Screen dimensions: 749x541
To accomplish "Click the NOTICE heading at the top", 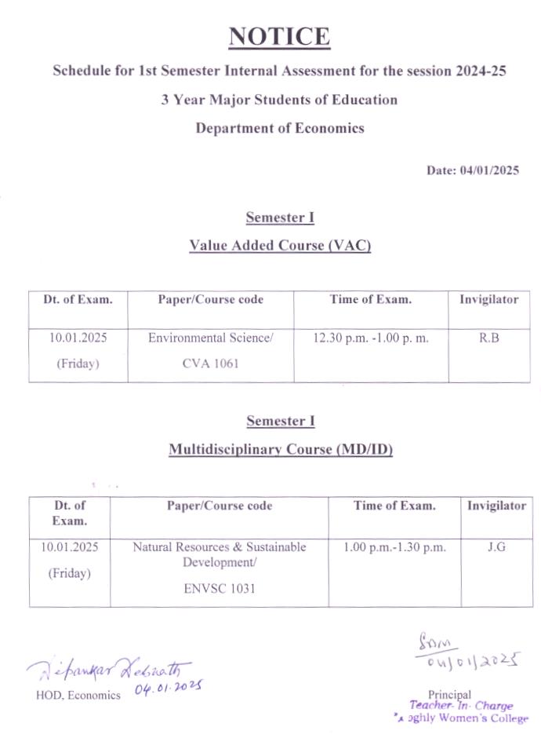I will click(x=280, y=37).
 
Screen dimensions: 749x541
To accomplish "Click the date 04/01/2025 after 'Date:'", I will click(x=490, y=170).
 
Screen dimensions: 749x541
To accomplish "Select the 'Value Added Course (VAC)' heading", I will click(x=280, y=246).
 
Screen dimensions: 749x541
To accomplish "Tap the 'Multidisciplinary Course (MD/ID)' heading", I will click(x=280, y=450).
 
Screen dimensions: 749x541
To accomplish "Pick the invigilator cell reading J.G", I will click(x=496, y=546).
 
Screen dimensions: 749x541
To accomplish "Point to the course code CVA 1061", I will click(x=211, y=364).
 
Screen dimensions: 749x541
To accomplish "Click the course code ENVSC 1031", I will click(x=219, y=587).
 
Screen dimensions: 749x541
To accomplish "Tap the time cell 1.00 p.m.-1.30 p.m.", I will click(x=394, y=546).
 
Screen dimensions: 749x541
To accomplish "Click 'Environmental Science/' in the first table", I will click(x=211, y=338).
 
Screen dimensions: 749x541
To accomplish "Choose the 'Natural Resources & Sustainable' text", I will click(x=219, y=546).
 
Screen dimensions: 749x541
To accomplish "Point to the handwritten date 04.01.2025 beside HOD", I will click(x=169, y=689).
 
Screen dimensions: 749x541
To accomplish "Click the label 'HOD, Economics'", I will click(x=78, y=695).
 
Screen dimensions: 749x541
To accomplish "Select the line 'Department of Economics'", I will click(x=280, y=128).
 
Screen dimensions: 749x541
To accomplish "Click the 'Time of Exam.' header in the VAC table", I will click(x=371, y=299).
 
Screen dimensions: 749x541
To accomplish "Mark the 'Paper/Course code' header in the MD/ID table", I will click(x=220, y=506).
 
